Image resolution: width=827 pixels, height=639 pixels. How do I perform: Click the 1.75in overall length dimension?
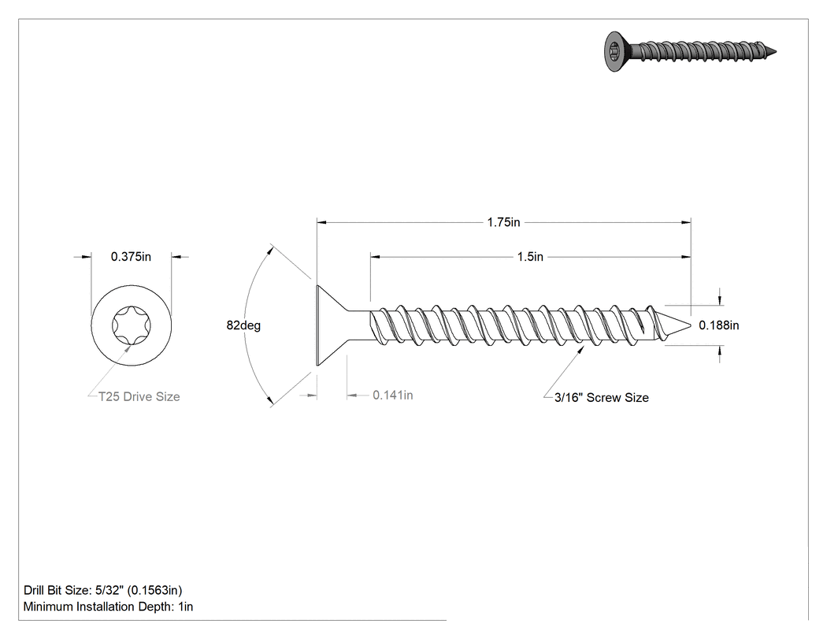tap(504, 222)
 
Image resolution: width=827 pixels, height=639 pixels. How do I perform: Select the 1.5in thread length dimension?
tap(530, 256)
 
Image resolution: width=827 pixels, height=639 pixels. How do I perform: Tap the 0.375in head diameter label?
tap(131, 256)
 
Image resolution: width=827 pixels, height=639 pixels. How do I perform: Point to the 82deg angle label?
tap(243, 325)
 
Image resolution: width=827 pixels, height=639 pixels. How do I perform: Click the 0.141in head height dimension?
tap(393, 395)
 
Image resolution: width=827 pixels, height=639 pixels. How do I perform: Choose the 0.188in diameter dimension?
tap(719, 325)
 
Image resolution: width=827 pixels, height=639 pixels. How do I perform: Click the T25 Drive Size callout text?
tap(139, 396)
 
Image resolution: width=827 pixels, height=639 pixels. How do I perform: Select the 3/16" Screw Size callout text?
tap(601, 397)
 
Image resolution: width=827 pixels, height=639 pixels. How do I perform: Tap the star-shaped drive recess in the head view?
tap(132, 325)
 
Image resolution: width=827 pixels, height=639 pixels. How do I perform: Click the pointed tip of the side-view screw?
tap(690, 325)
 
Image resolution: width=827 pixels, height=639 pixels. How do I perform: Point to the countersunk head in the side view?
tap(332, 325)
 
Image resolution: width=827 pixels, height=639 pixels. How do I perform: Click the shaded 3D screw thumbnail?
tap(690, 51)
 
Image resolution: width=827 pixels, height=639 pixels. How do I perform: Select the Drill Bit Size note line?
tap(103, 590)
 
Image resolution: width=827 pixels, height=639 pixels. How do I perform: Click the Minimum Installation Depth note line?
tap(108, 606)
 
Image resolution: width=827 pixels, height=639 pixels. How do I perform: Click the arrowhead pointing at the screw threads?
tap(580, 351)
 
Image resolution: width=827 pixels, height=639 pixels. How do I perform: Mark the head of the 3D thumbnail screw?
tap(614, 51)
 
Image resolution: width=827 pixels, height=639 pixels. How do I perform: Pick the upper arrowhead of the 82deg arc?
tap(270, 250)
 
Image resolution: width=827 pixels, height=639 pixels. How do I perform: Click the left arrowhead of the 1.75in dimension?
tap(321, 222)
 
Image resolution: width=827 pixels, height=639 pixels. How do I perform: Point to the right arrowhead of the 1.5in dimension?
tap(685, 256)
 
